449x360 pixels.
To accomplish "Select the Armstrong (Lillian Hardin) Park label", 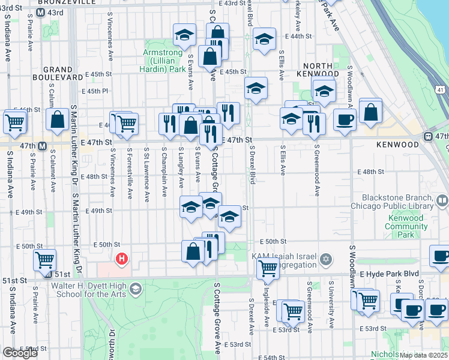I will coord(164,61).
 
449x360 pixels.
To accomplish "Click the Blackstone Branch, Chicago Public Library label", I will coord(397,202).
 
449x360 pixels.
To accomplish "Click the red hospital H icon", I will coord(122,259).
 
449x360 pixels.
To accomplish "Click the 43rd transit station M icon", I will coord(41,13).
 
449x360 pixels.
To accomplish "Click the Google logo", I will coord(20,353).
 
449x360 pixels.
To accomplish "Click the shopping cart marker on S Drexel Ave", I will coord(268,269).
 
